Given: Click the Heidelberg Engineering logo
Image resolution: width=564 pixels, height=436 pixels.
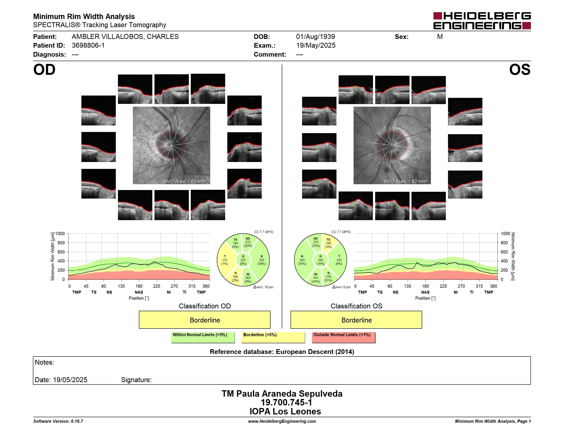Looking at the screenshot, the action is pyautogui.click(x=482, y=21).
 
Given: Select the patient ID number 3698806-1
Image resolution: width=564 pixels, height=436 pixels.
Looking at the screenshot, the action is pyautogui.click(x=88, y=46).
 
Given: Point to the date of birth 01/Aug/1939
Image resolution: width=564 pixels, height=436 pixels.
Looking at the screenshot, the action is pyautogui.click(x=315, y=37).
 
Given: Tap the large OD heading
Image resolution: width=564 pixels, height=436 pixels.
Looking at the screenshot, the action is pyautogui.click(x=44, y=70).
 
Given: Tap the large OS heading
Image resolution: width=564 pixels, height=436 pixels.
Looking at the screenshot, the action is pyautogui.click(x=520, y=70).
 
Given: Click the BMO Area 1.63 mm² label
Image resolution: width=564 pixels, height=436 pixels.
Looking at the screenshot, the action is pyautogui.click(x=185, y=182).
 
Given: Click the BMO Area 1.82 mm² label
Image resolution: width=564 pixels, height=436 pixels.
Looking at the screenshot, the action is pyautogui.click(x=405, y=182).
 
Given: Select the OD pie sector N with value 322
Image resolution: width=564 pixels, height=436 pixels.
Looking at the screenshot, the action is pyautogui.click(x=261, y=260).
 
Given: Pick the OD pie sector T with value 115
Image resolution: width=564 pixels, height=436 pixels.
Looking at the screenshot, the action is pyautogui.click(x=225, y=260).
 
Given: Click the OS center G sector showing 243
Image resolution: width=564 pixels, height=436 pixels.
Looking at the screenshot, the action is pyautogui.click(x=320, y=260).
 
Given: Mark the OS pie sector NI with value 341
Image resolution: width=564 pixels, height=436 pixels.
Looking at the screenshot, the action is pyautogui.click(x=315, y=278).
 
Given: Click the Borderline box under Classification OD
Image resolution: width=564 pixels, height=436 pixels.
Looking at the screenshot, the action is pyautogui.click(x=204, y=320).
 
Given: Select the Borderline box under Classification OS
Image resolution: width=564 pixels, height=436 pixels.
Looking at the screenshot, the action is pyautogui.click(x=356, y=320).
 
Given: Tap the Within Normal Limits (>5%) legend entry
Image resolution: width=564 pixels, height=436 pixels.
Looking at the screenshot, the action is pyautogui.click(x=203, y=337).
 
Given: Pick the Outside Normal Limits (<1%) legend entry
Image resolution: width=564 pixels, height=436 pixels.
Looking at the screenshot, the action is pyautogui.click(x=344, y=337).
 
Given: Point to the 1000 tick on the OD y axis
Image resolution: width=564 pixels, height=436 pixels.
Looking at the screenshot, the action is pyautogui.click(x=60, y=234).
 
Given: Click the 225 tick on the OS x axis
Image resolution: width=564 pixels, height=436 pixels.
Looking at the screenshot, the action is pyautogui.click(x=443, y=286).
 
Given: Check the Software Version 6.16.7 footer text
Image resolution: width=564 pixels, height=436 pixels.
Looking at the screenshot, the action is pyautogui.click(x=58, y=421).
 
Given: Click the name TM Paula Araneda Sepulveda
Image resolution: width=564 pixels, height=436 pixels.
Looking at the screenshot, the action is pyautogui.click(x=282, y=393).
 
